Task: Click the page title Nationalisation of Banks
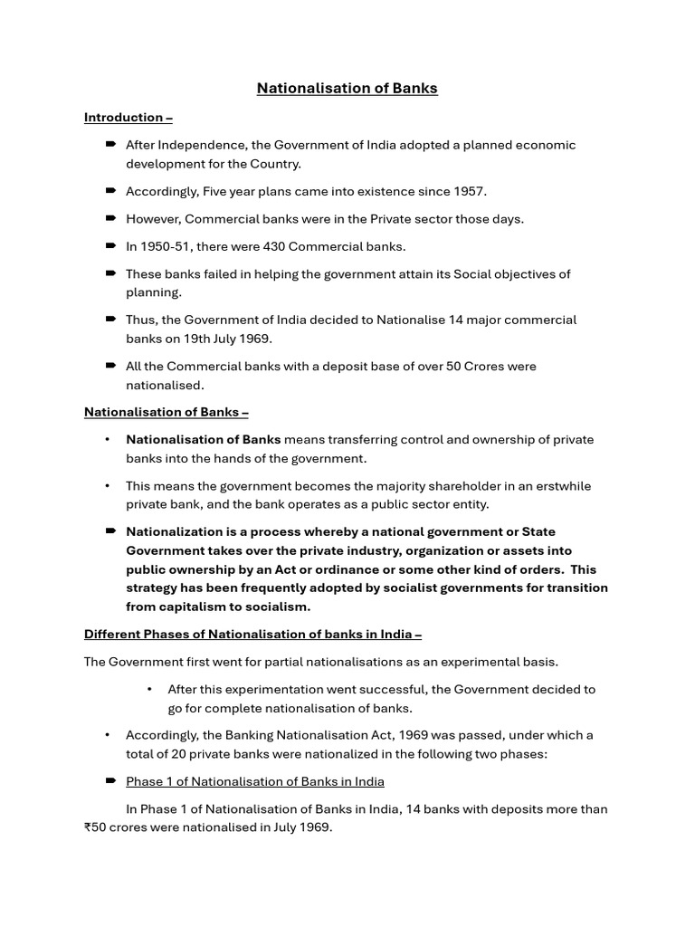[347, 88]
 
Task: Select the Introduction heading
[128, 117]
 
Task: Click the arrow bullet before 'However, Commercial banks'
[110, 218]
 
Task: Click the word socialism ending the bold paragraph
[277, 607]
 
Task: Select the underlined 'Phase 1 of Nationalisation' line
[254, 781]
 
